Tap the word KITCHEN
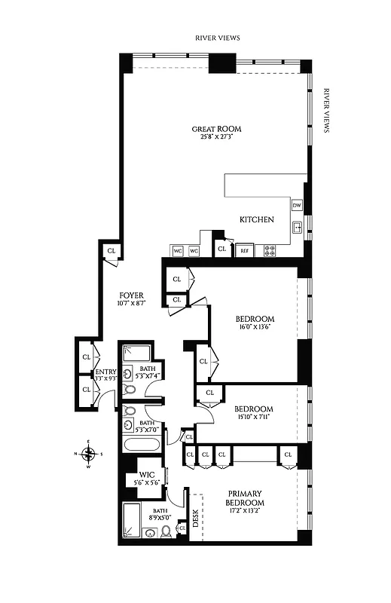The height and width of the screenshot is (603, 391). click(256, 220)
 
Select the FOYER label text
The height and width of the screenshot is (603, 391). click(131, 295)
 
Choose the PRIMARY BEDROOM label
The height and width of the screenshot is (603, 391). click(246, 497)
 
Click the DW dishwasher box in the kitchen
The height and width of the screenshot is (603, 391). click(297, 205)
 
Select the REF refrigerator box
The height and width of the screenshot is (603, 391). click(244, 251)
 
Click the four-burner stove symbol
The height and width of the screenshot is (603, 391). click(270, 251)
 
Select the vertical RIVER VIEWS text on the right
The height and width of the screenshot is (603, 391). click(326, 110)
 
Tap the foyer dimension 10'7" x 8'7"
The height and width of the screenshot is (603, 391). click(131, 303)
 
